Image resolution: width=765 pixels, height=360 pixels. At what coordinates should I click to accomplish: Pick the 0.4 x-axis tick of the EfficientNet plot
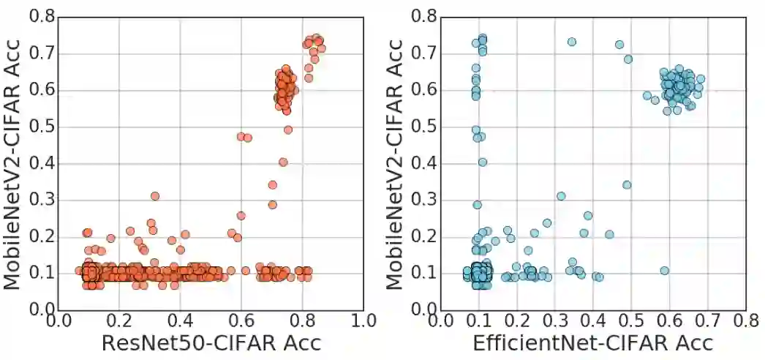point(593,321)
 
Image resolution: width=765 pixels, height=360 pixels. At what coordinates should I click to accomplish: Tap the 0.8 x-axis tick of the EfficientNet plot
point(745,321)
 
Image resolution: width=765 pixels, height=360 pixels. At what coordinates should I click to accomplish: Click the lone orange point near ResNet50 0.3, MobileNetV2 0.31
point(155,196)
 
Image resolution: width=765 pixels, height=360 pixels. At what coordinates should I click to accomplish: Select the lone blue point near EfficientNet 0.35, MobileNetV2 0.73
point(572,42)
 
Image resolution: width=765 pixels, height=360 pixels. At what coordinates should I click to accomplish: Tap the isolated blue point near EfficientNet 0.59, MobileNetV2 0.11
point(664,271)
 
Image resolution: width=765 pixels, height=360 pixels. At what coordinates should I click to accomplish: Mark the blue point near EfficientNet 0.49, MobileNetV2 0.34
point(627,184)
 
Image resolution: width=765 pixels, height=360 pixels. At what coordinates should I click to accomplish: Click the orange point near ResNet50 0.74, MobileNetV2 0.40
point(283,162)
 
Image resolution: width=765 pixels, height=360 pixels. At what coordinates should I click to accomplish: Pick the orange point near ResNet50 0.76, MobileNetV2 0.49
point(288,130)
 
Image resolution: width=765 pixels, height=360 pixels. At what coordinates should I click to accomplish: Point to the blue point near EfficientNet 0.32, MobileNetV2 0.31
point(561,196)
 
